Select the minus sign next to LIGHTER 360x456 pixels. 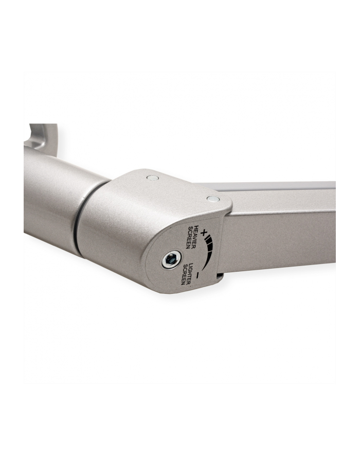197,275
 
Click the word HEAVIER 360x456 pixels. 195,237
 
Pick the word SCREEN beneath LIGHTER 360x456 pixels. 185,274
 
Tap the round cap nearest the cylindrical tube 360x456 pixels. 153,178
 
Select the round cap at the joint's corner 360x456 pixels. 213,199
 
